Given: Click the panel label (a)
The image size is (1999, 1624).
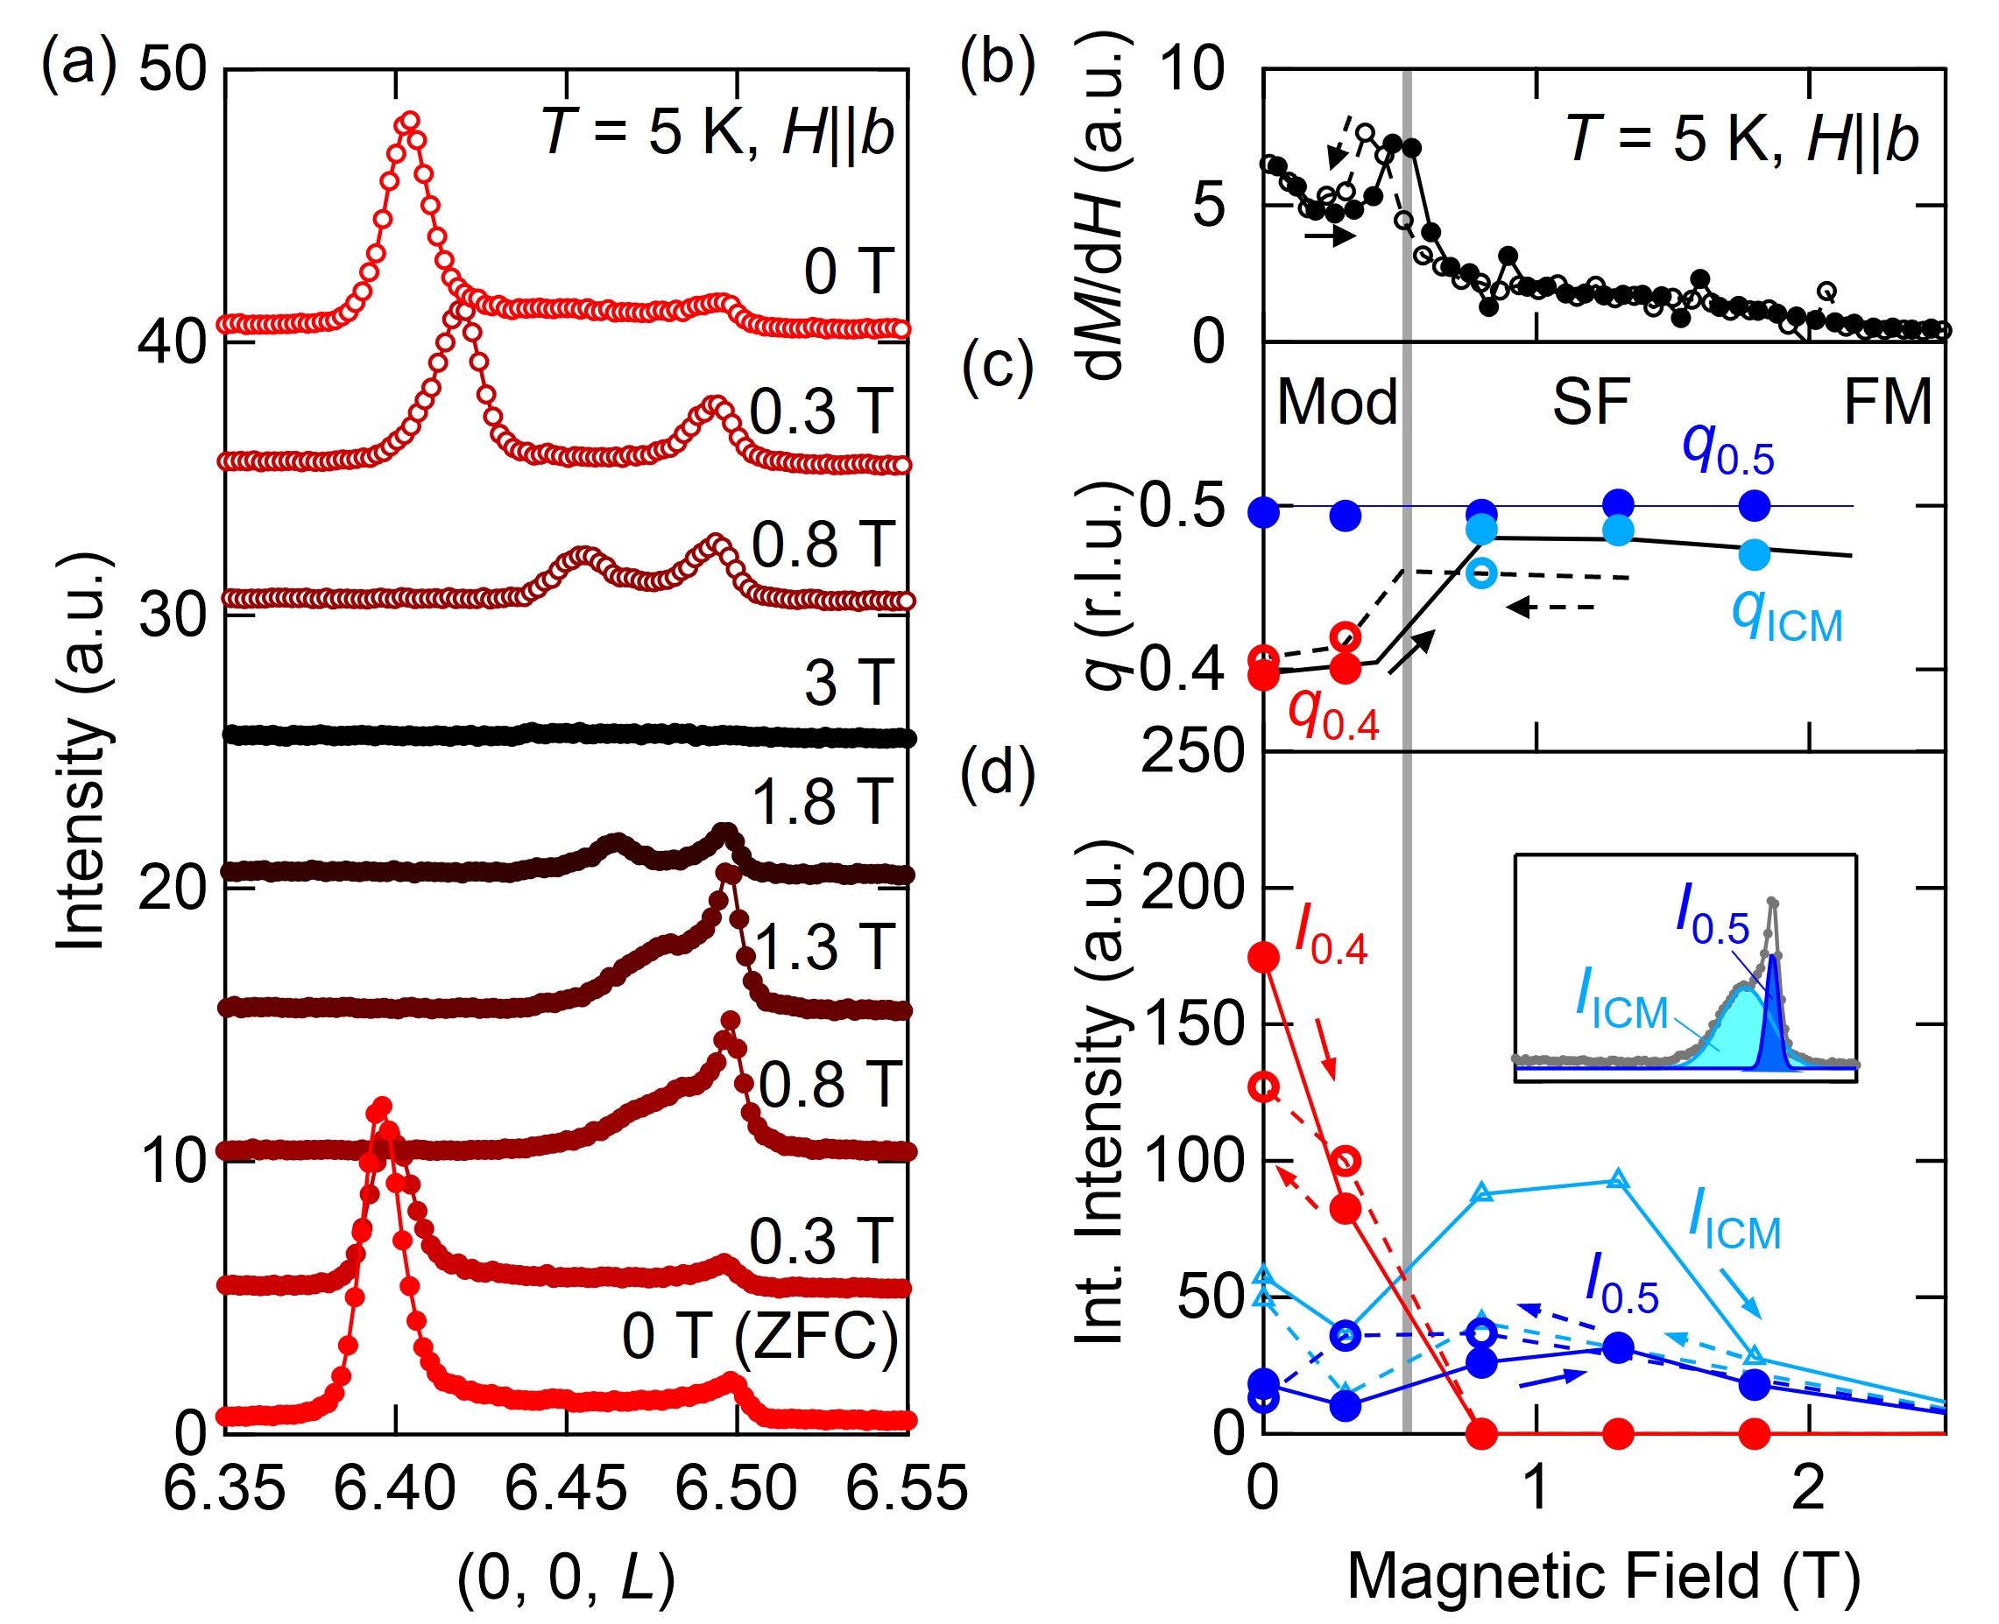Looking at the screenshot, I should (x=79, y=64).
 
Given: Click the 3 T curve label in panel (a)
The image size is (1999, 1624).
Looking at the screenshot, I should (x=848, y=683).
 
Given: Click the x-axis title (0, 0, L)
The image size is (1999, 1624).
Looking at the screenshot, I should (x=565, y=1578).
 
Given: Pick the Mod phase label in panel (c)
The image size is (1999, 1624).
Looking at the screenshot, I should (x=1337, y=402).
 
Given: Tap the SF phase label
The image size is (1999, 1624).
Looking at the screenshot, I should (x=1591, y=402).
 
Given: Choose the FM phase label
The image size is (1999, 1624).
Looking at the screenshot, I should (x=1887, y=402).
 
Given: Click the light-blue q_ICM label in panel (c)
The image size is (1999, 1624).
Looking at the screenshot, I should (x=1785, y=617).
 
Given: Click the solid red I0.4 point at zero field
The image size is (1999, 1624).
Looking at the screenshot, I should (x=1264, y=957).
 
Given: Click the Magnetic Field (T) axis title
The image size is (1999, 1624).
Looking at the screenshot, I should (x=1602, y=1578).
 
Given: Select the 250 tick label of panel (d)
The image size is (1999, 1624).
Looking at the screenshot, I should (x=1190, y=750).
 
